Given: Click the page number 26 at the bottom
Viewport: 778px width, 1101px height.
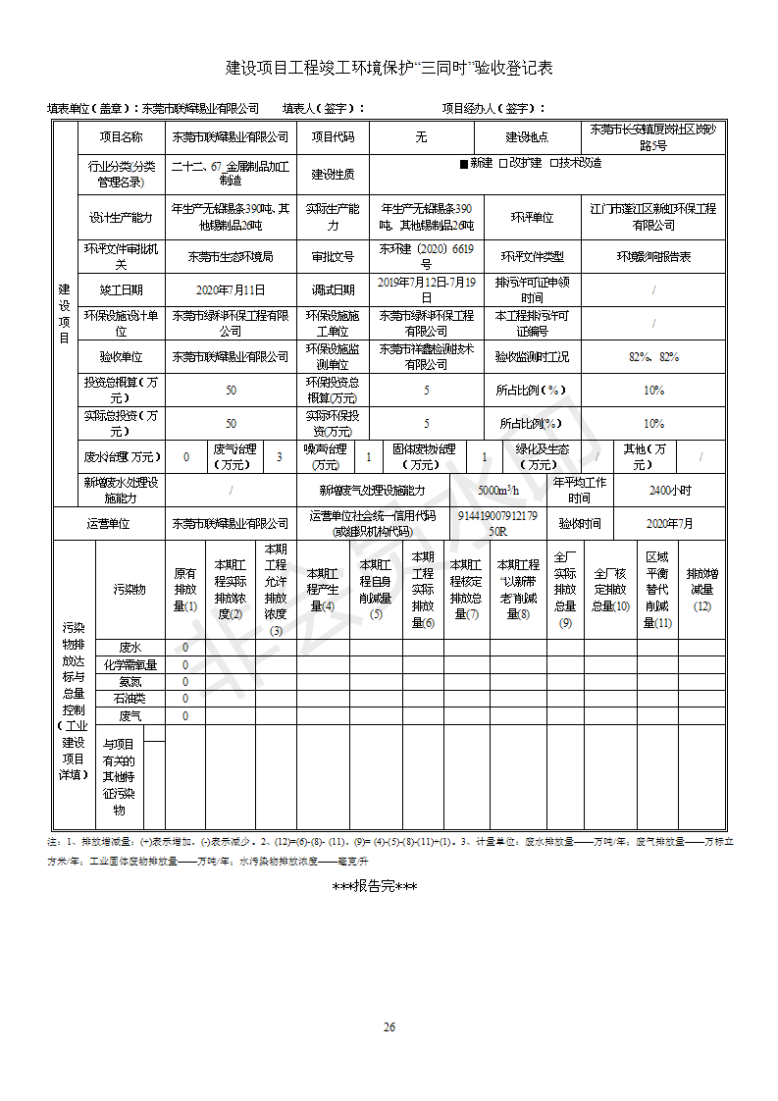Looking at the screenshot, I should tap(389, 1027).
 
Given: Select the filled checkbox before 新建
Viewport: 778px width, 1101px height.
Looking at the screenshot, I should tap(464, 164).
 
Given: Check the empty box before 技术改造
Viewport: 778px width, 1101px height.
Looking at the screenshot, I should tap(554, 164).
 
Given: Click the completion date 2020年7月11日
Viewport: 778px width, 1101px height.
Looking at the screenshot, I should tap(231, 290).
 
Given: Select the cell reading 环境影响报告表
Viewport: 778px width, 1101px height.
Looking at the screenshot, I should tap(653, 257).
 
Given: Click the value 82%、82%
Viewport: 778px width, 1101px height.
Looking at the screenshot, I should tap(653, 357).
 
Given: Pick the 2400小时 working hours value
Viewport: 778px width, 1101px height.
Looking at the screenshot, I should tap(670, 490).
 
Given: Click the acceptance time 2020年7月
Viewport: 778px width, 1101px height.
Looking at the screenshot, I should tap(670, 524).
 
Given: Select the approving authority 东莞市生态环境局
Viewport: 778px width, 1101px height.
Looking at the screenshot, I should tap(231, 257).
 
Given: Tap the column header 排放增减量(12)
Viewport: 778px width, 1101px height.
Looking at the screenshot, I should tap(701, 589).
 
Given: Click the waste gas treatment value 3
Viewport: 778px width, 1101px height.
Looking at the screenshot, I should tap(279, 456).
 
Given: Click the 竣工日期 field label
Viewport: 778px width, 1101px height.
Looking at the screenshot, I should tap(121, 290).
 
